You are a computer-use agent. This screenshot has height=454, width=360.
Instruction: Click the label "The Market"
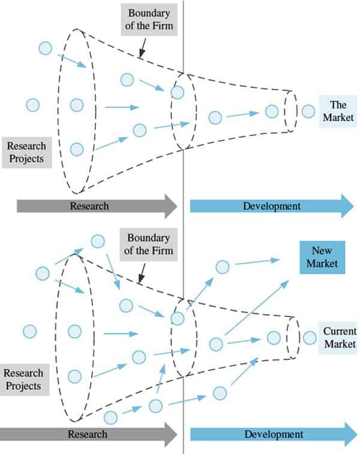pos(338,111)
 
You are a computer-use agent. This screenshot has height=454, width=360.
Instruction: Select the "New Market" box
pos(322,257)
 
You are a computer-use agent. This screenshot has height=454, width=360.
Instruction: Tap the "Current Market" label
pos(339,337)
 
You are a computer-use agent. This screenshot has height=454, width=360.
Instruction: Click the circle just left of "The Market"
pos(308,111)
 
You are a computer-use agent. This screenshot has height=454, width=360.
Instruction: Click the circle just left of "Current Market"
pos(310,337)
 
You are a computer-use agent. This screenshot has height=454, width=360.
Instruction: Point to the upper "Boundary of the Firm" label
pos(149,19)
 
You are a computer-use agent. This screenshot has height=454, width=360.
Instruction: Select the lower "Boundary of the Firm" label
pos(149,244)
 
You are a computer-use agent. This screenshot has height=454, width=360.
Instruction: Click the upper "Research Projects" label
pos(26,153)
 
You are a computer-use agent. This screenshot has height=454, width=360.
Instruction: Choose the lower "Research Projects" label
pos(24,380)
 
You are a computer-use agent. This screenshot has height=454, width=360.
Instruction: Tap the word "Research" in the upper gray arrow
pos(89,206)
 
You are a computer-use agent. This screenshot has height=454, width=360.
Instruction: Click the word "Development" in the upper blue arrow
pos(272,206)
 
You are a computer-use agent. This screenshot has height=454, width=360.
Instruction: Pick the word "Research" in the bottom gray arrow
pos(88,434)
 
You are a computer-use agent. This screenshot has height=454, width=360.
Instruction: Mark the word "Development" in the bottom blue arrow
pos(274,434)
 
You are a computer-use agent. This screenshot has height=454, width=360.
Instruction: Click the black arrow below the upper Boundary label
pos(142,48)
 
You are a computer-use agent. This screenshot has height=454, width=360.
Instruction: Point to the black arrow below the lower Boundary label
pos(142,273)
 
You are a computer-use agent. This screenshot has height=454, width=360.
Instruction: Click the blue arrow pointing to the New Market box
pos(257,307)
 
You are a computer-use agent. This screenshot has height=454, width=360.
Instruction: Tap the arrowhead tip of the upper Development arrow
pos(353,206)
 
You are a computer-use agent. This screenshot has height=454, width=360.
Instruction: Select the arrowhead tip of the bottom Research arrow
pos(177,434)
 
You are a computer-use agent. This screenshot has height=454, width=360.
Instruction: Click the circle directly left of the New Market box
pos(223,267)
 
